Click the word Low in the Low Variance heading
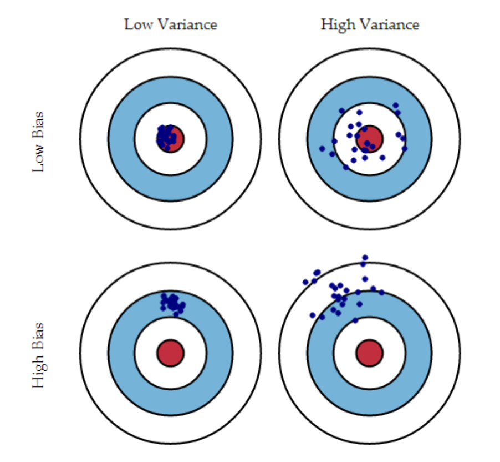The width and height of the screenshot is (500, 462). coord(136,24)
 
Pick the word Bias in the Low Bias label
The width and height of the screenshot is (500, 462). coord(38,125)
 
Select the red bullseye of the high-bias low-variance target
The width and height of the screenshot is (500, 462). coord(170,353)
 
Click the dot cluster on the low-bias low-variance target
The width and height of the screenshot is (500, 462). coord(166,137)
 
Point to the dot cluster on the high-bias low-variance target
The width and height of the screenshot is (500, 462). coord(172,303)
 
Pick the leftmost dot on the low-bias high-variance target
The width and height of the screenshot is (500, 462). coord(322,148)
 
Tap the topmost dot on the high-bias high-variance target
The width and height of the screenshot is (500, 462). coord(364,258)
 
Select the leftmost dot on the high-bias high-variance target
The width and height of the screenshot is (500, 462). coord(305,282)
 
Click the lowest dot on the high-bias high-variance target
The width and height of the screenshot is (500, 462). coord(355,320)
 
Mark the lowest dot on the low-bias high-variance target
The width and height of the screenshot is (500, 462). coord(346,167)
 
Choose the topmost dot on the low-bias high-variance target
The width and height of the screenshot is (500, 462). coord(395,105)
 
